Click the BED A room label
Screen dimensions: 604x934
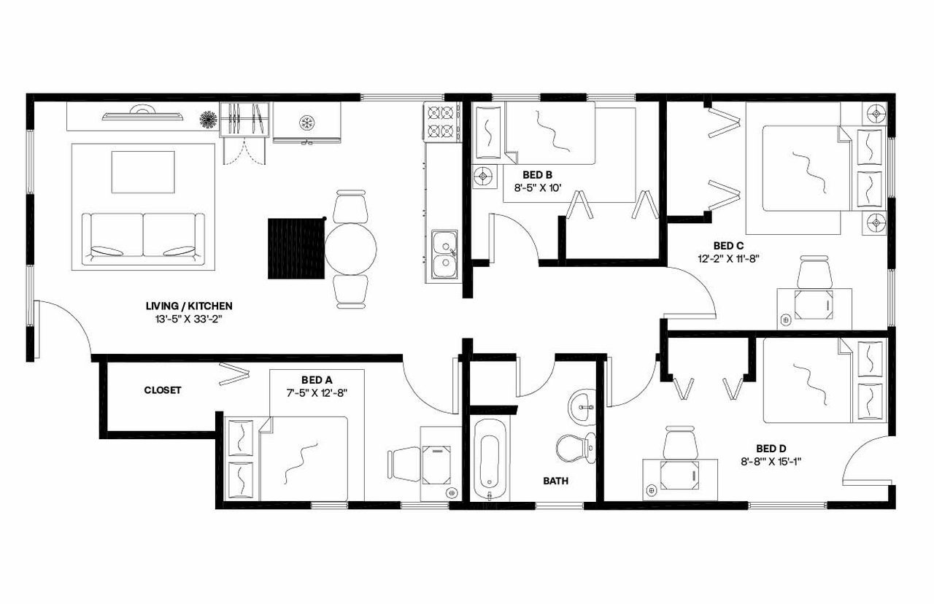[317, 380]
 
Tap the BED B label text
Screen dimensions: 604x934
[537, 174]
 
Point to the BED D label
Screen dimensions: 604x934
[771, 449]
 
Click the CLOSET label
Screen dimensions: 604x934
[162, 390]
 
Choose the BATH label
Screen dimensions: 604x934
[555, 481]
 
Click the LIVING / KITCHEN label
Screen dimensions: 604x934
[189, 306]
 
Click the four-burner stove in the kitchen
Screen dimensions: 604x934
[441, 122]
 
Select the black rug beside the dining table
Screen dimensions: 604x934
[296, 249]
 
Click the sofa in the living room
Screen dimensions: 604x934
[143, 237]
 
